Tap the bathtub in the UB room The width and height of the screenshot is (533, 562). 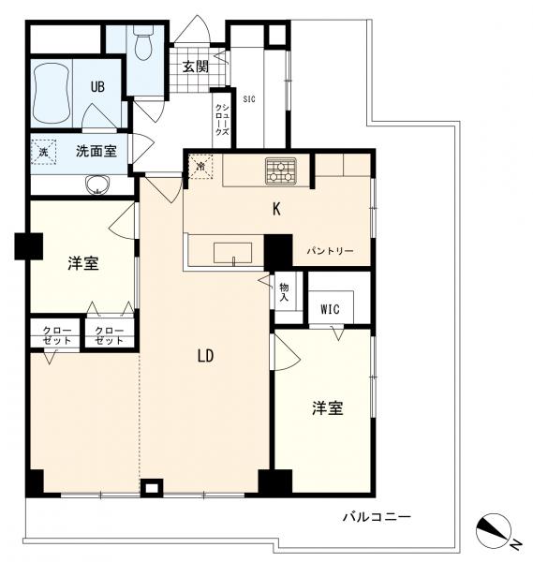click(x=51, y=94)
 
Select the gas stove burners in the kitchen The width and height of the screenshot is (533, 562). click(x=281, y=171)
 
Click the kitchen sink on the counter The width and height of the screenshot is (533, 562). click(x=232, y=253)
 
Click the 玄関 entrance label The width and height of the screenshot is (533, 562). click(x=196, y=67)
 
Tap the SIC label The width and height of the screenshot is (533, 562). click(x=249, y=99)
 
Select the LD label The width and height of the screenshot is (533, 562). click(x=206, y=356)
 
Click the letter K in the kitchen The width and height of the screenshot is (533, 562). click(x=276, y=209)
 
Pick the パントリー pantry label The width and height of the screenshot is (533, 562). click(x=330, y=251)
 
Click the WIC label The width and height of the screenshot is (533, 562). click(x=330, y=309)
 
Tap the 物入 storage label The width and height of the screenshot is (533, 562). click(x=284, y=291)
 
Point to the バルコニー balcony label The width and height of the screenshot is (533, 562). click(x=377, y=517)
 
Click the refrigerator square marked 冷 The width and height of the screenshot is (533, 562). click(x=200, y=167)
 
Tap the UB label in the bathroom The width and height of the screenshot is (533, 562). click(x=97, y=87)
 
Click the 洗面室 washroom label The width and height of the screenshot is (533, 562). click(x=96, y=151)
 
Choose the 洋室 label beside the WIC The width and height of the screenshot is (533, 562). click(x=327, y=408)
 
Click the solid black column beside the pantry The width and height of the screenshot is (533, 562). click(x=278, y=252)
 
